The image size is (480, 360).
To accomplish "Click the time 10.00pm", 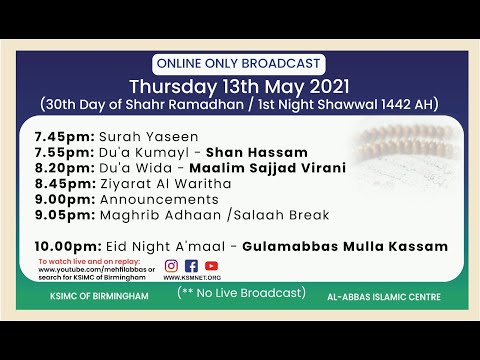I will click(x=65, y=246).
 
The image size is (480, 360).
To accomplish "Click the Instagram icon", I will click(x=171, y=265).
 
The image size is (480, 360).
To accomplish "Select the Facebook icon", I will click(x=191, y=265).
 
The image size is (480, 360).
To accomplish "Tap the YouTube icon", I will click(x=210, y=265).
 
